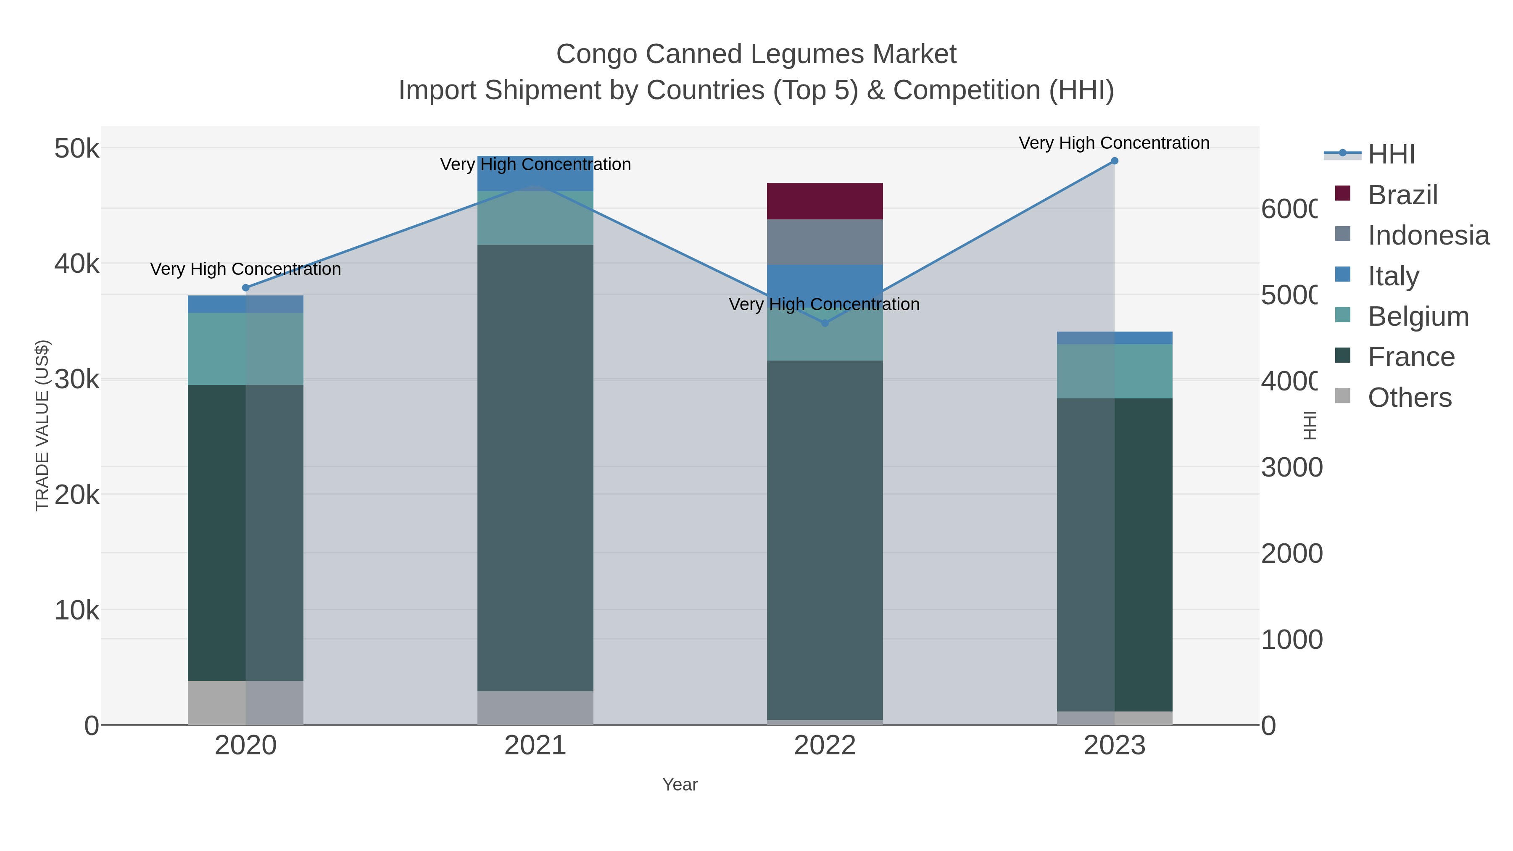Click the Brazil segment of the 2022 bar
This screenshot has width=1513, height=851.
[x=825, y=201]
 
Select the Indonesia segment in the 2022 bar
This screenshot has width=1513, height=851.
[x=825, y=242]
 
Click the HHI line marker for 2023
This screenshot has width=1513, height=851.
[x=1114, y=161]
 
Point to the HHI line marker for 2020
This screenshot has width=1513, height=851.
[x=245, y=288]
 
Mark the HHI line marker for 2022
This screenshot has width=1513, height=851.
[x=825, y=323]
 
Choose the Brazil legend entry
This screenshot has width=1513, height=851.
[x=1402, y=195]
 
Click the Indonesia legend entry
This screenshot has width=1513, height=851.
[x=1428, y=235]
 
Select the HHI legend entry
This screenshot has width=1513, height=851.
[x=1391, y=155]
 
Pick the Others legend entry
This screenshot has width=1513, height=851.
[x=1409, y=398]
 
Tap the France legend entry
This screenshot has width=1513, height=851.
[x=1411, y=357]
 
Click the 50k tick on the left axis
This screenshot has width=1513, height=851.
[x=77, y=149]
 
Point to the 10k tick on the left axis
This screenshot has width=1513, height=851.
[x=77, y=611]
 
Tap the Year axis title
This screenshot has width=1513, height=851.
[x=680, y=785]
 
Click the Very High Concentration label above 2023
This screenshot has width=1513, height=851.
[x=1114, y=143]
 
